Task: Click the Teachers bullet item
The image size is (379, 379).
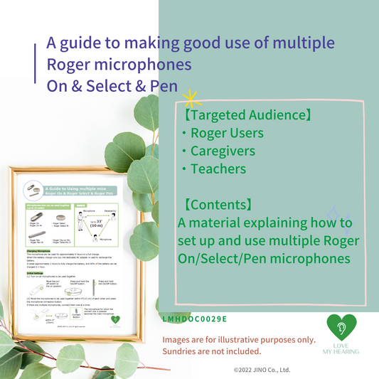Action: [218, 169]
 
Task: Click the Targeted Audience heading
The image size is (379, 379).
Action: [239, 114]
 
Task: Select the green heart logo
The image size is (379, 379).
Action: [342, 328]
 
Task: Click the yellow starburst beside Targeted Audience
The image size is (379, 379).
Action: [189, 99]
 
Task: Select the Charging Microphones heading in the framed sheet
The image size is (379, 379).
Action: [41, 250]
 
